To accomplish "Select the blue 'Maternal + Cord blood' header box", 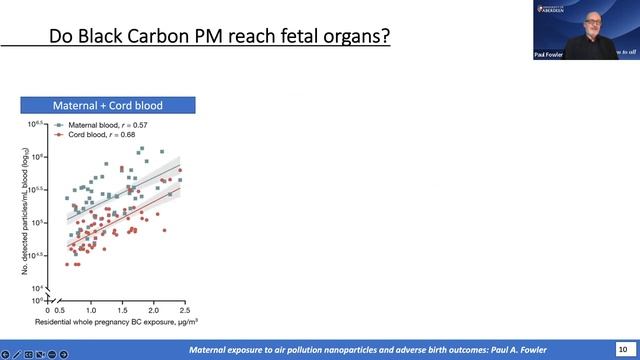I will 108,105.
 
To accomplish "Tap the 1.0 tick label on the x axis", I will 91,311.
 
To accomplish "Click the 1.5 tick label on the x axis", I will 122,311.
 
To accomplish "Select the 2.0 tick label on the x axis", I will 153,311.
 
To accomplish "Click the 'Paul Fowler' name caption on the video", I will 548,55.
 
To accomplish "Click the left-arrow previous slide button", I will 5,354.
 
